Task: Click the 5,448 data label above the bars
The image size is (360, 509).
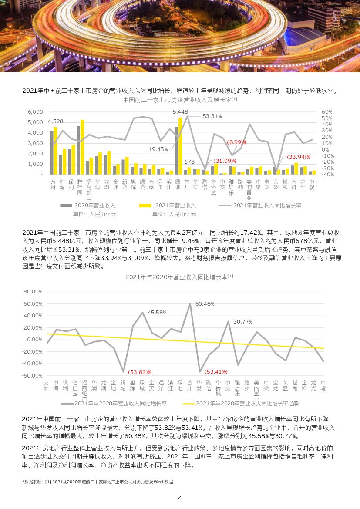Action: tap(180, 112)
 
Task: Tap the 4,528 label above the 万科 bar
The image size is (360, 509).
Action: tap(55, 121)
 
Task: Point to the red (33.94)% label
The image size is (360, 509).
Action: tap(298, 157)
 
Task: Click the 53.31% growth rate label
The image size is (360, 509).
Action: tap(212, 116)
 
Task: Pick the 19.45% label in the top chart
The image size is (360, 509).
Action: tap(158, 149)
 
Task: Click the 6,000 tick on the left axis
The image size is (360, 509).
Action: tap(35, 112)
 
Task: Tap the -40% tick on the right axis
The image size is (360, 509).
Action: tap(328, 175)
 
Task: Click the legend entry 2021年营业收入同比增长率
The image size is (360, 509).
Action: tap(267, 206)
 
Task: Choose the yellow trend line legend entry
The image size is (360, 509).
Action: tap(247, 404)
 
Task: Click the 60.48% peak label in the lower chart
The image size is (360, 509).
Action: tap(205, 303)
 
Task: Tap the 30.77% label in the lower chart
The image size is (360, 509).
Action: tap(242, 321)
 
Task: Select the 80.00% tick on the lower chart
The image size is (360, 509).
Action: tap(33, 292)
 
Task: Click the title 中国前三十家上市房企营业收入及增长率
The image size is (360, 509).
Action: tap(178, 100)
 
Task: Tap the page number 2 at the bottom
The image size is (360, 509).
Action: tap(179, 497)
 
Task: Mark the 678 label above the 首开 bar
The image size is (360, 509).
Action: tap(189, 162)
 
